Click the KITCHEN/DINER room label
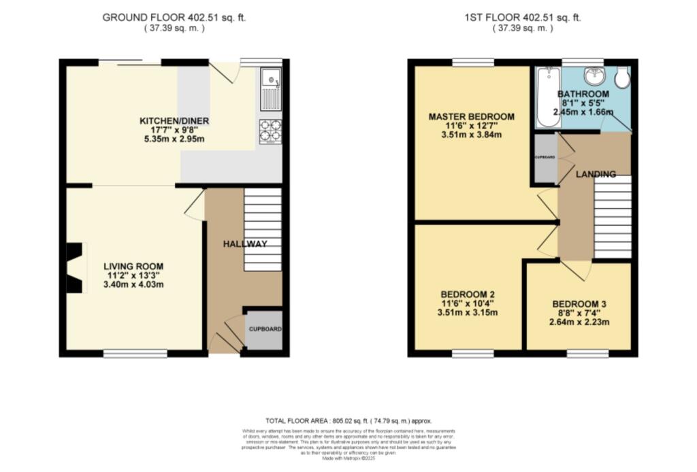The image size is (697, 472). point(174,121)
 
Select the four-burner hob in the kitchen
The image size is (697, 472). point(271,131)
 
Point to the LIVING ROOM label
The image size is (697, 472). point(133,266)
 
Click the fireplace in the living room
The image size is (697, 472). point(74,269)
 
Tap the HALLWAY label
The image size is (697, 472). point(245,243)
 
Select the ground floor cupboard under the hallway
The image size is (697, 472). point(263,330)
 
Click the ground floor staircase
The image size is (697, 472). point(262,230)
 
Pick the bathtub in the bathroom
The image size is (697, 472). point(546,97)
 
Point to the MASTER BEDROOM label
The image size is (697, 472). point(471,117)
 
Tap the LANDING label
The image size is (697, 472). point(596,175)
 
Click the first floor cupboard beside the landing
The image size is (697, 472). point(545,158)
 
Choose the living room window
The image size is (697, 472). point(135,353)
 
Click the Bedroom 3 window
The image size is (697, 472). point(587,353)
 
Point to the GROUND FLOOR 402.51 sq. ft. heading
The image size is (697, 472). point(174,18)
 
